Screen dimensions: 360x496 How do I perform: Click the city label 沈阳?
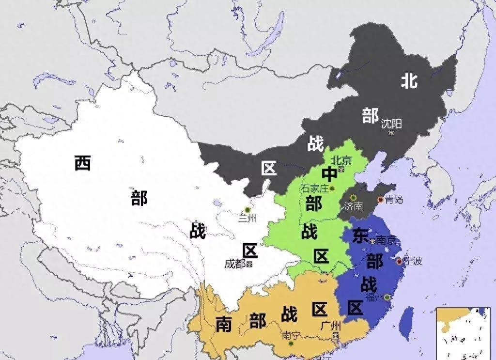(x=391, y=123)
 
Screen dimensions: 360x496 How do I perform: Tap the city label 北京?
(x=341, y=160)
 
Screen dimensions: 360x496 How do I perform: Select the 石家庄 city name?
(x=314, y=188)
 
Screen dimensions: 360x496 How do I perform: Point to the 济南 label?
(x=353, y=206)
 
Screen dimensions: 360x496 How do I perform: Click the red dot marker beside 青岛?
(x=380, y=199)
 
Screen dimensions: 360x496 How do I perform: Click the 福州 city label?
(x=374, y=297)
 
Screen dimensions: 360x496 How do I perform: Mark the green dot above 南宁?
(x=291, y=344)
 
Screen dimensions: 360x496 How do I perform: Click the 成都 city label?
(x=234, y=264)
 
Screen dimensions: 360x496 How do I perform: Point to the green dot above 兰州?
(x=248, y=209)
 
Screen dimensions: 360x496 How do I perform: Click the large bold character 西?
(x=83, y=163)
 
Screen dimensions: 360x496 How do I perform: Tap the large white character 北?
(x=409, y=80)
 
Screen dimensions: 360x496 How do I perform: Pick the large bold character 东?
(x=360, y=236)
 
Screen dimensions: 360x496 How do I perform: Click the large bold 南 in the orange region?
(x=223, y=324)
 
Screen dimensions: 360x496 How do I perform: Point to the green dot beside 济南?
(x=354, y=197)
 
